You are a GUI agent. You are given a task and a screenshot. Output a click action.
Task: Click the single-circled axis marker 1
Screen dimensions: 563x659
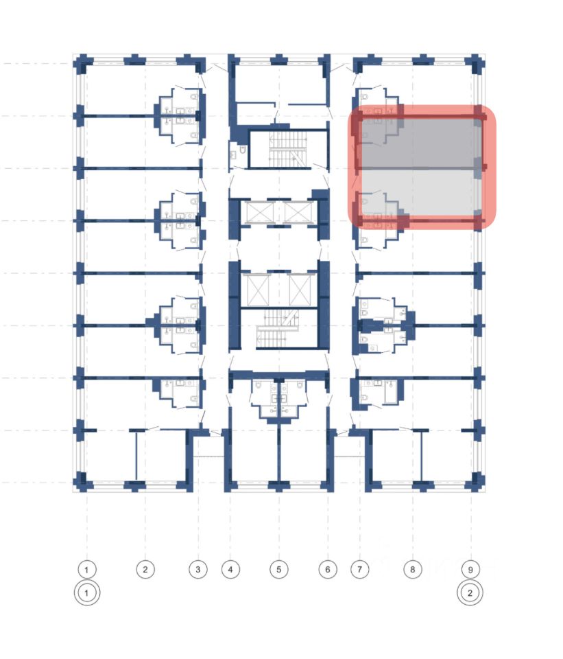(x=87, y=569)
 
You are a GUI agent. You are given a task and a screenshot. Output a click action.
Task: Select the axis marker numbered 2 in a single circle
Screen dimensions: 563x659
(x=145, y=569)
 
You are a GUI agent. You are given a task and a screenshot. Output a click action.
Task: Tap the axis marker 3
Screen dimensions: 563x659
(x=197, y=569)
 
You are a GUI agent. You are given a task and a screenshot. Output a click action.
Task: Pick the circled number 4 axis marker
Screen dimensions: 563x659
(x=230, y=569)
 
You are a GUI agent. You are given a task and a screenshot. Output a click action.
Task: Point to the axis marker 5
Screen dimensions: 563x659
(x=278, y=569)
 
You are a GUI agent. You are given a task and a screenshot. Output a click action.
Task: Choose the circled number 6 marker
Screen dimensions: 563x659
(x=328, y=569)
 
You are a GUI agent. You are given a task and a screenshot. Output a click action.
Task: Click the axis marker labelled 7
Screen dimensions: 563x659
(x=360, y=569)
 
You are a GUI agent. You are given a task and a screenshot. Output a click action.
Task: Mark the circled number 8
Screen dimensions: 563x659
(x=412, y=569)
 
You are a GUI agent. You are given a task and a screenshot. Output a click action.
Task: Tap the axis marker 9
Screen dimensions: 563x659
(x=470, y=569)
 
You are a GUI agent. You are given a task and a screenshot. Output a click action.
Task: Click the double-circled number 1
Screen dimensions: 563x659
(x=87, y=592)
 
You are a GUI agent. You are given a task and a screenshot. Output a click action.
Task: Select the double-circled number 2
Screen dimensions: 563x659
(x=470, y=592)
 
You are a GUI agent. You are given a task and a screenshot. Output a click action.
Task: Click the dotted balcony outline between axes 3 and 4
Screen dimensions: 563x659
(x=210, y=448)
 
